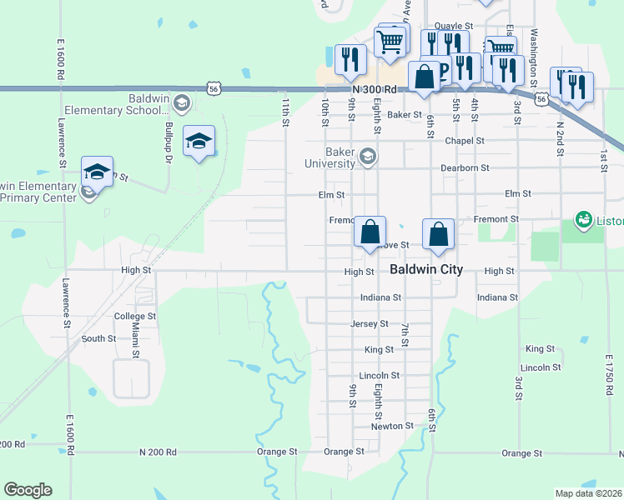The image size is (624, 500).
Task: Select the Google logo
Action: tap(28, 490)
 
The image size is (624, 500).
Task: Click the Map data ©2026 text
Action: tap(587, 493)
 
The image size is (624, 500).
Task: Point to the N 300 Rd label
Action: tap(372, 88)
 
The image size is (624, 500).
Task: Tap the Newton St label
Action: tap(392, 426)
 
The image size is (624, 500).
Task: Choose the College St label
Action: tap(135, 317)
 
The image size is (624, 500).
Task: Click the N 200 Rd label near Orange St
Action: tap(158, 452)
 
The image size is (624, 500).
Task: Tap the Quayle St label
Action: tap(455, 27)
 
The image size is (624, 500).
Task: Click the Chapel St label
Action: tap(465, 141)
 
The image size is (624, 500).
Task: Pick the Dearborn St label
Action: tap(465, 167)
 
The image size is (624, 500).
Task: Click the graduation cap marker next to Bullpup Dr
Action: tap(199, 142)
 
